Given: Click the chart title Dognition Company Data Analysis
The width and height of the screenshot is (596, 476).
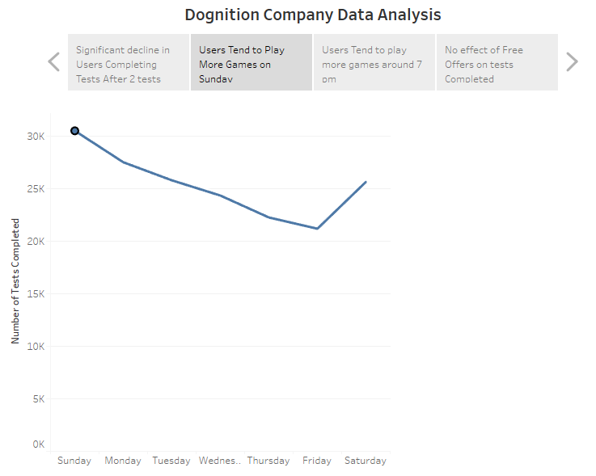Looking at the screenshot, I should [x=313, y=15].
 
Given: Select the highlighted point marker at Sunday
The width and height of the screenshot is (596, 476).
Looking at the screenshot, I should [x=75, y=131].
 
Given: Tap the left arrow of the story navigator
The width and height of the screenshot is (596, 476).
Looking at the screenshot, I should [x=54, y=62].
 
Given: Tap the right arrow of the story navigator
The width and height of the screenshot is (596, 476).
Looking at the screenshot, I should [x=572, y=62].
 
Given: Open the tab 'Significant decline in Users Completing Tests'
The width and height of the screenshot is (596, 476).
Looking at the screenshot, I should [x=129, y=63].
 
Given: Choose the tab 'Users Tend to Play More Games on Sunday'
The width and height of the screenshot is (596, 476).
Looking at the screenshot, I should [x=252, y=63].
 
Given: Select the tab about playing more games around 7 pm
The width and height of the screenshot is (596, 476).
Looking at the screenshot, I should [x=374, y=63].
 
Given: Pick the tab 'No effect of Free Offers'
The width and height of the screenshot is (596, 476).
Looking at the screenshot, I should [x=497, y=63].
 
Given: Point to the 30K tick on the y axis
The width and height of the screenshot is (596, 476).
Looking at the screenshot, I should [x=36, y=137].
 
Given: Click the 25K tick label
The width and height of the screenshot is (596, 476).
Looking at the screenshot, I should [x=36, y=189].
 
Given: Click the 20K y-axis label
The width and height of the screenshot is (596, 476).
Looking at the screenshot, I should [x=36, y=242].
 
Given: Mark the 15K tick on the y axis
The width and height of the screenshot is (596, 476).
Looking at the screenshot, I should [x=36, y=294].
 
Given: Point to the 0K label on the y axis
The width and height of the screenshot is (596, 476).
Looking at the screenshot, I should [x=38, y=444].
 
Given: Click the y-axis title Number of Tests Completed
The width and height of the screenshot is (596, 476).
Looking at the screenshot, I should [x=15, y=281].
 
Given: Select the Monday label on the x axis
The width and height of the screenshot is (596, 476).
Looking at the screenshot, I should [x=123, y=461].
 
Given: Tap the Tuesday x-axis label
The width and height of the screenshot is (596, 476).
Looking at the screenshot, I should [x=171, y=461].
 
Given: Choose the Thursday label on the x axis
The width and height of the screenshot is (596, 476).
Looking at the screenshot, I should [x=268, y=461].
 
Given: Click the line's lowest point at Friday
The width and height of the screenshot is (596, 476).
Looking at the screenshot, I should [x=317, y=229].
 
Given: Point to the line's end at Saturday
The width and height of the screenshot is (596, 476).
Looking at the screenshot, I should [x=366, y=182].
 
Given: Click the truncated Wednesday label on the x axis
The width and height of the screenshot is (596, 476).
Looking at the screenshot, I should [x=220, y=461].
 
